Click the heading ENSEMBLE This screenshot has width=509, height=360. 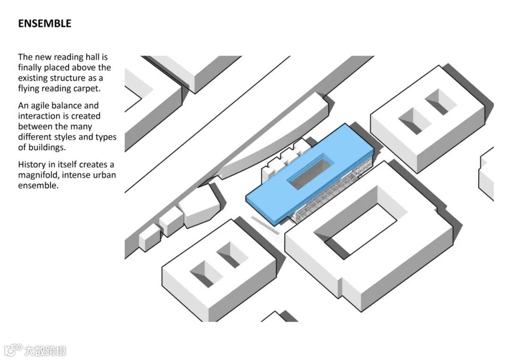[45, 24]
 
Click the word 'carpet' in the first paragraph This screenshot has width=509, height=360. [87, 88]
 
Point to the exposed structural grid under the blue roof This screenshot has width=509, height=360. [325, 196]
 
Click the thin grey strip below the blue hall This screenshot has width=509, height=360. [265, 225]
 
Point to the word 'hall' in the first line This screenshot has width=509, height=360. [91, 57]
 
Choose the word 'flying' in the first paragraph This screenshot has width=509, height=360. [29, 88]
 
